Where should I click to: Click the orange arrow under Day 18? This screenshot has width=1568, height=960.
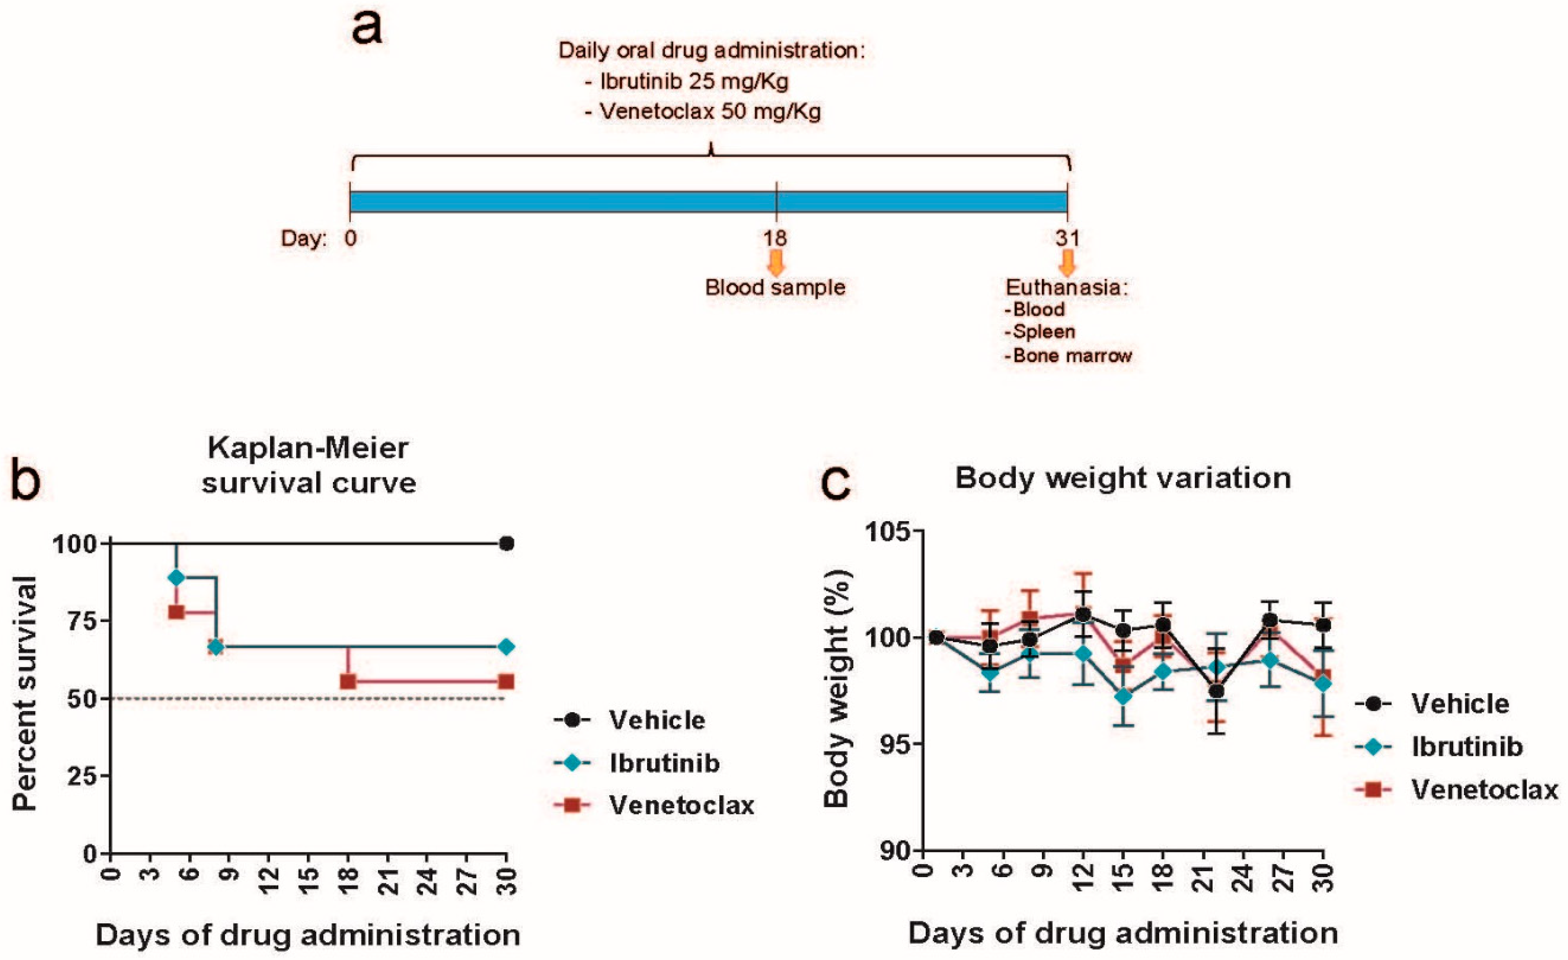pos(775,262)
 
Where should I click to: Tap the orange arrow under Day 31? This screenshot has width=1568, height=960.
pos(1067,262)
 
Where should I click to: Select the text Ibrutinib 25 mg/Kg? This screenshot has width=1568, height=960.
pos(694,82)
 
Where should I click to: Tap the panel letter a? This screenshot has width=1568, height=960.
pos(367,29)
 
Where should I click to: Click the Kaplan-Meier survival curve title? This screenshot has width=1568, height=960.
pos(308,465)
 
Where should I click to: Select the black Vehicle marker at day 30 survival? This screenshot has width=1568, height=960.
pos(507,543)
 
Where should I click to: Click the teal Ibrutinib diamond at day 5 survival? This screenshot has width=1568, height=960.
pos(176,577)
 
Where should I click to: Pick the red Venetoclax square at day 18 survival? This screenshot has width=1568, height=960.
pos(347,681)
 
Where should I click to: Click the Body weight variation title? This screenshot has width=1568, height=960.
pos(1123,478)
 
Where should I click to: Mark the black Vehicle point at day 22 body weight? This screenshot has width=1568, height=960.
pos(1217,691)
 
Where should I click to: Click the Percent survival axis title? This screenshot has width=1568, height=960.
pos(25,694)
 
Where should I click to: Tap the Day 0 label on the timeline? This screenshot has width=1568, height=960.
pos(350,238)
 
